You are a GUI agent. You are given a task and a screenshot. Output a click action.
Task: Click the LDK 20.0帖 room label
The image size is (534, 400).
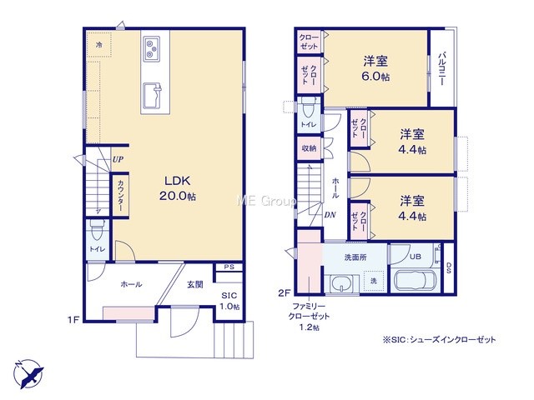[x=178, y=188]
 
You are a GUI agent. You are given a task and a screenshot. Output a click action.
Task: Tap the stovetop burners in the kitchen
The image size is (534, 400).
[x=152, y=48]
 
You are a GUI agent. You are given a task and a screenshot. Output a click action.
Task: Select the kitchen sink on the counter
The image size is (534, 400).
[x=152, y=94]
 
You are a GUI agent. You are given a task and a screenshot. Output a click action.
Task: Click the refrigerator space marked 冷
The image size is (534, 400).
[x=98, y=44]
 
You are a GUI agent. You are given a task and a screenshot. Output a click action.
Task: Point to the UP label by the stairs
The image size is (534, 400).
[x=118, y=159]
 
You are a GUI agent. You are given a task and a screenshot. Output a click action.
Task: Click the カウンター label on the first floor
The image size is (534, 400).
[x=121, y=195]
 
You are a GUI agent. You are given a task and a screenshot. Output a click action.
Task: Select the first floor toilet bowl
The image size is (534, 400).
[x=98, y=231]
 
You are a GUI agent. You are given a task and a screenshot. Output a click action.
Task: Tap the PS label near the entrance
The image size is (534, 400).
[x=229, y=267]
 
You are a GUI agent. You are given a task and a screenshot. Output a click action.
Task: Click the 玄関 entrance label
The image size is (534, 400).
[x=195, y=284]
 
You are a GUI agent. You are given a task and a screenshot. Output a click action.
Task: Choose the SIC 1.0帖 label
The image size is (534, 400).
[x=229, y=301]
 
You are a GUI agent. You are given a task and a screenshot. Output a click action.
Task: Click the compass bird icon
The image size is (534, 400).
[x=28, y=373]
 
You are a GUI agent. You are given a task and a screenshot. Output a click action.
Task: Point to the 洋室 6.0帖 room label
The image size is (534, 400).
[x=375, y=68]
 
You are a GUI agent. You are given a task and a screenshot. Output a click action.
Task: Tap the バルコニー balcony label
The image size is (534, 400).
[x=442, y=68]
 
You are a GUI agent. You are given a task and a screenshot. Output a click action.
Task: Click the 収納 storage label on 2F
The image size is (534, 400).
[x=310, y=148]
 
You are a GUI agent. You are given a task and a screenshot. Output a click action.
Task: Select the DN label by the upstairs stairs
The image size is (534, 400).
[x=330, y=215]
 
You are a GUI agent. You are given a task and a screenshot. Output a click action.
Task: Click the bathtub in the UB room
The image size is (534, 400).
[x=416, y=280]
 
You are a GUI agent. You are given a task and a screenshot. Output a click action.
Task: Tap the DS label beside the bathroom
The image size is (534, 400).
[x=449, y=268]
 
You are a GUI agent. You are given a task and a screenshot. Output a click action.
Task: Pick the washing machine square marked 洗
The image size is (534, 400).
[x=374, y=281]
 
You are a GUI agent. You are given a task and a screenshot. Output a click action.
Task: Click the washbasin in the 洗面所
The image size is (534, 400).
[x=341, y=283]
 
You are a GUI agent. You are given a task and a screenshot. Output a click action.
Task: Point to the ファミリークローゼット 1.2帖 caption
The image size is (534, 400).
[x=309, y=317]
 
